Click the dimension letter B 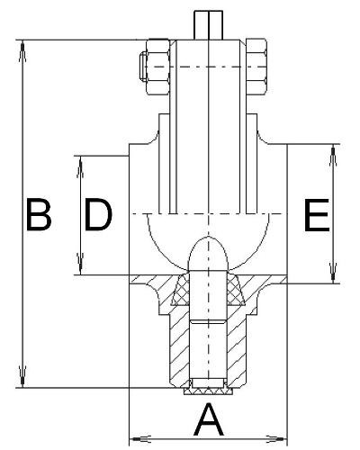(x=39, y=214)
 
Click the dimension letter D (x=98, y=214)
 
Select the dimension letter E (x=317, y=215)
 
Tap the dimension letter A (x=209, y=419)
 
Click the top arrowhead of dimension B (x=22, y=52)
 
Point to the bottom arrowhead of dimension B (x=22, y=375)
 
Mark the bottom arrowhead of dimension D (x=80, y=263)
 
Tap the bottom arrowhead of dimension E (x=333, y=272)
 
